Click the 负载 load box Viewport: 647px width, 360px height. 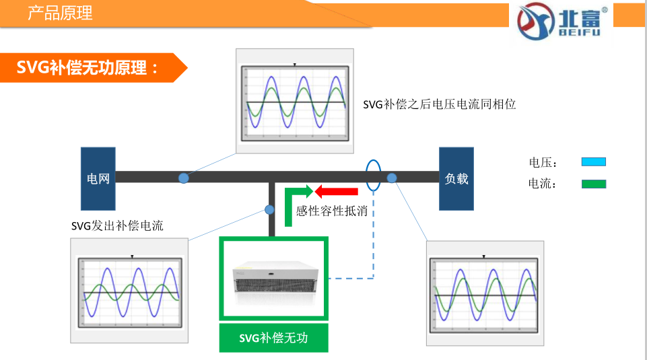[x=456, y=178]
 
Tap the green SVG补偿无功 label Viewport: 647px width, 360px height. [x=273, y=338]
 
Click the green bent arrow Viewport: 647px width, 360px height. [x=294, y=202]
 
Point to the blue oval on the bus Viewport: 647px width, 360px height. [x=372, y=175]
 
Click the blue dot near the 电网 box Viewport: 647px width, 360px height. [x=183, y=178]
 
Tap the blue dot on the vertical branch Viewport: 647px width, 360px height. [x=270, y=210]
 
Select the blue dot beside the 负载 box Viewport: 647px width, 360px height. [x=392, y=178]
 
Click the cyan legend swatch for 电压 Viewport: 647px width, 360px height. [x=593, y=162]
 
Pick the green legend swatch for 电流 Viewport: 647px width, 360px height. [x=593, y=184]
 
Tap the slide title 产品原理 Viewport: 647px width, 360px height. [x=60, y=13]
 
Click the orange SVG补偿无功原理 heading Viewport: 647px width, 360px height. [x=88, y=67]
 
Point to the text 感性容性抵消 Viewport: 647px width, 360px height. [x=331, y=211]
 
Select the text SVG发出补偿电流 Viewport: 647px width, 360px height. [x=117, y=226]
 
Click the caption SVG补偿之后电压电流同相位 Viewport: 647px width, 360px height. [x=439, y=104]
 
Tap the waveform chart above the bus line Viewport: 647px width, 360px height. [x=295, y=101]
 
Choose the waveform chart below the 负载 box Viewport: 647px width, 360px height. [x=485, y=293]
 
